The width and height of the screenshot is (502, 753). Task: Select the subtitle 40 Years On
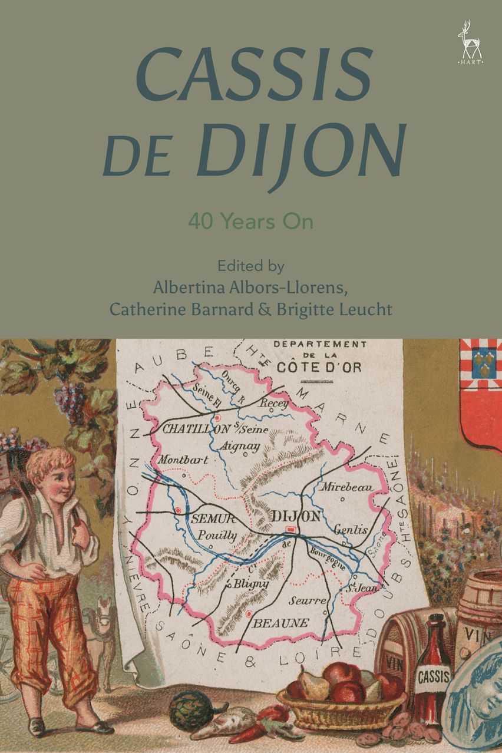[x=250, y=222]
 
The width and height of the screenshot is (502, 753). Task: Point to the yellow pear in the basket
[x=314, y=683]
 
